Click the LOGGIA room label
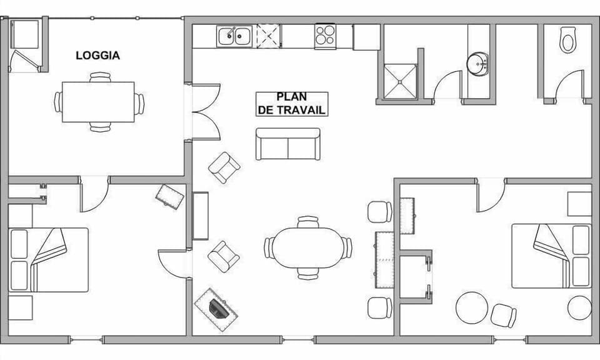point(97,56)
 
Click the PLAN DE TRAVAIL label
point(292,104)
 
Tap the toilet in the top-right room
point(567,40)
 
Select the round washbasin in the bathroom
point(478,64)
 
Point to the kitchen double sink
point(234,36)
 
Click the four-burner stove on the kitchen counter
point(324,35)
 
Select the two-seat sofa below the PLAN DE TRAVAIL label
point(287,144)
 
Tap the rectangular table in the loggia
point(98,102)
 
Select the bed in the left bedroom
point(48,259)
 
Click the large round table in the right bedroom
point(472,307)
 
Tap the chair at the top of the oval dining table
point(307,221)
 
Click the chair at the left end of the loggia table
point(58,102)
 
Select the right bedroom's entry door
point(491,196)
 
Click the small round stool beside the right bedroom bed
point(579,307)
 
